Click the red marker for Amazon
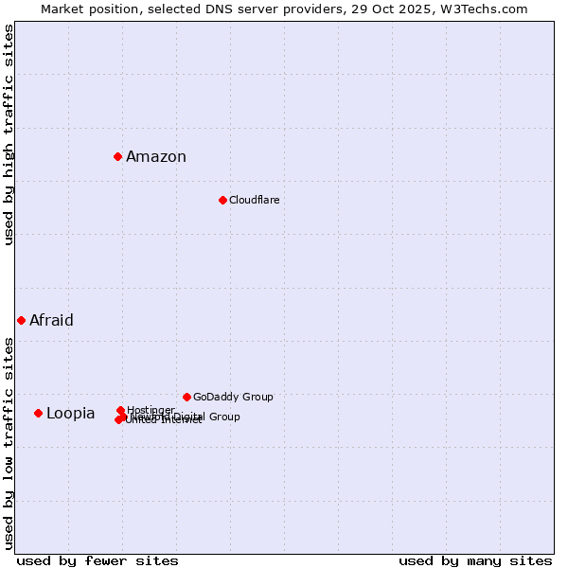(117, 156)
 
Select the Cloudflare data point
(222, 200)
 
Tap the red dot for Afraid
(21, 320)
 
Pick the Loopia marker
(38, 413)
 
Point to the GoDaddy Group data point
(186, 397)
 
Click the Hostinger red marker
(120, 410)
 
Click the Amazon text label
(156, 157)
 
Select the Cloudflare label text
(254, 200)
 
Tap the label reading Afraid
(51, 320)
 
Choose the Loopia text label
(71, 414)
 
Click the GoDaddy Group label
(233, 397)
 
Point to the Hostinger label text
(151, 410)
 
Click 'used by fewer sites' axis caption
(98, 560)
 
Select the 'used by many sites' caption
(475, 560)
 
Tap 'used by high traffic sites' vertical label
(9, 134)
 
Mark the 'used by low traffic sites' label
(9, 442)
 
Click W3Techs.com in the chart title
(488, 9)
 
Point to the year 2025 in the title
(428, 9)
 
